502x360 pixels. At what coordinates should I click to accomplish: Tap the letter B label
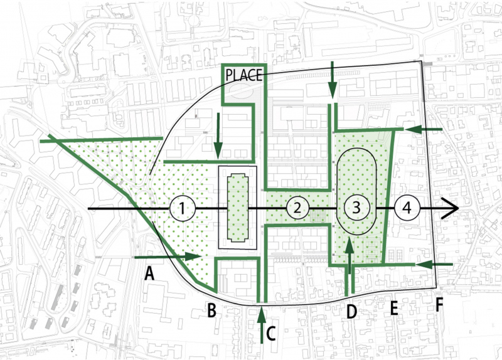(212, 310)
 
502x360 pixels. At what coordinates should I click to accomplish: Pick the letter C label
(271, 333)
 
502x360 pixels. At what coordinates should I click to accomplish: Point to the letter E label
(394, 309)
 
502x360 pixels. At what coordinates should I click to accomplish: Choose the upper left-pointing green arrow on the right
(424, 129)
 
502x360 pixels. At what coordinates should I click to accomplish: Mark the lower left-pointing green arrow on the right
(433, 265)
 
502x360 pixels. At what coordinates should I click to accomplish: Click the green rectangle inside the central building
(238, 207)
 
